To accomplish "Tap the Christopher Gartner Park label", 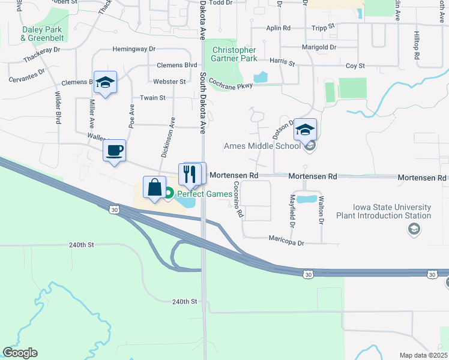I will pos(234,54).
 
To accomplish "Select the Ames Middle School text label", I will pos(262,146).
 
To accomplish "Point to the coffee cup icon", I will pos(114,151).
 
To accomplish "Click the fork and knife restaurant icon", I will pos(190,173).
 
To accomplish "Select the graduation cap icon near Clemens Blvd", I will pos(105,83).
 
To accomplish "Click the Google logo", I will pos(20,353).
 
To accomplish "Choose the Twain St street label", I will pos(152,97).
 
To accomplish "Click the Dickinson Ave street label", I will pos(167,137).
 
